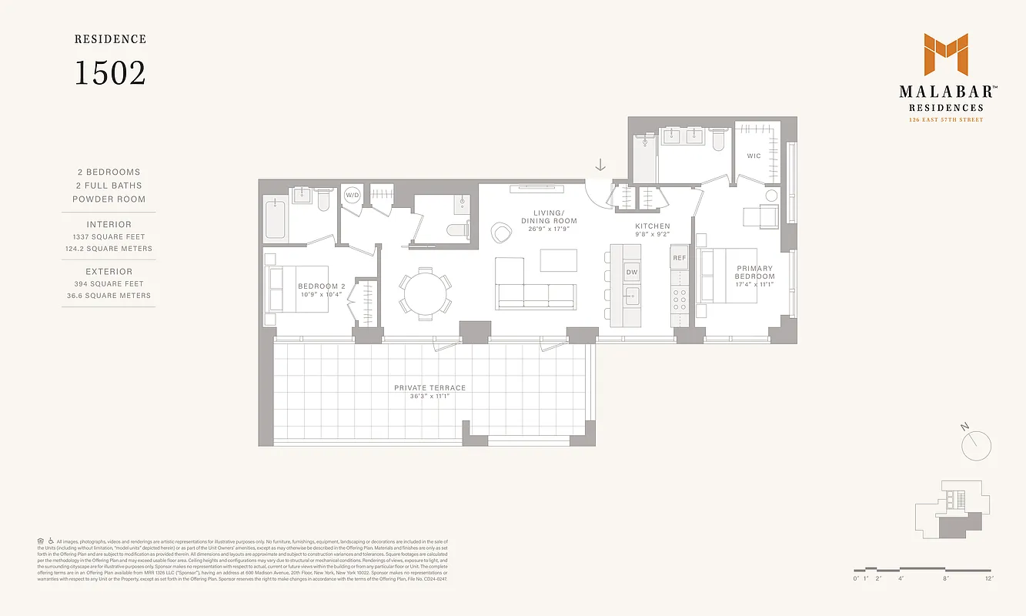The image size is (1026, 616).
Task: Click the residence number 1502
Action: [x=109, y=72]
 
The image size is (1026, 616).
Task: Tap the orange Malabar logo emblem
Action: [x=945, y=55]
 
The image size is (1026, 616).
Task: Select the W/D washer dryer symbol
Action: [x=352, y=196]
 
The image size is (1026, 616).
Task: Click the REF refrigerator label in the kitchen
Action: [x=679, y=258]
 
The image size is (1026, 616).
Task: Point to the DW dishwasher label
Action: [x=631, y=272]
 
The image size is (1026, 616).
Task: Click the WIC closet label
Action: [x=754, y=156]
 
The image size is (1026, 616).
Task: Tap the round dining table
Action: [x=425, y=293]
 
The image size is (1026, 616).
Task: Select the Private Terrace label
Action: [x=430, y=388]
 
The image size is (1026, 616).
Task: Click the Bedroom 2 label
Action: [x=322, y=286]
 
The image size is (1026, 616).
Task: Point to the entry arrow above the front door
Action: [x=600, y=166]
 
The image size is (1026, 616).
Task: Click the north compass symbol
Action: [x=976, y=443]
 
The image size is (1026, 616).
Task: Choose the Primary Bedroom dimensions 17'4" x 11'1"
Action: [x=754, y=285]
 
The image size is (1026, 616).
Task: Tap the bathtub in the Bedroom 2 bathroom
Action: [x=276, y=219]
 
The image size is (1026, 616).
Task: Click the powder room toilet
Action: [x=460, y=228]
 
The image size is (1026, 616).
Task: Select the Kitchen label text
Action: [x=652, y=226]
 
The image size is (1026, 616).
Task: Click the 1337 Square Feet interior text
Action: [x=109, y=237]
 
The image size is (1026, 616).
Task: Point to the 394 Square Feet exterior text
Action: [x=109, y=284]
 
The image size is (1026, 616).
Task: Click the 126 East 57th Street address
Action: [x=944, y=119]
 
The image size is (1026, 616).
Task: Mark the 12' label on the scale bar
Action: [x=988, y=577]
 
